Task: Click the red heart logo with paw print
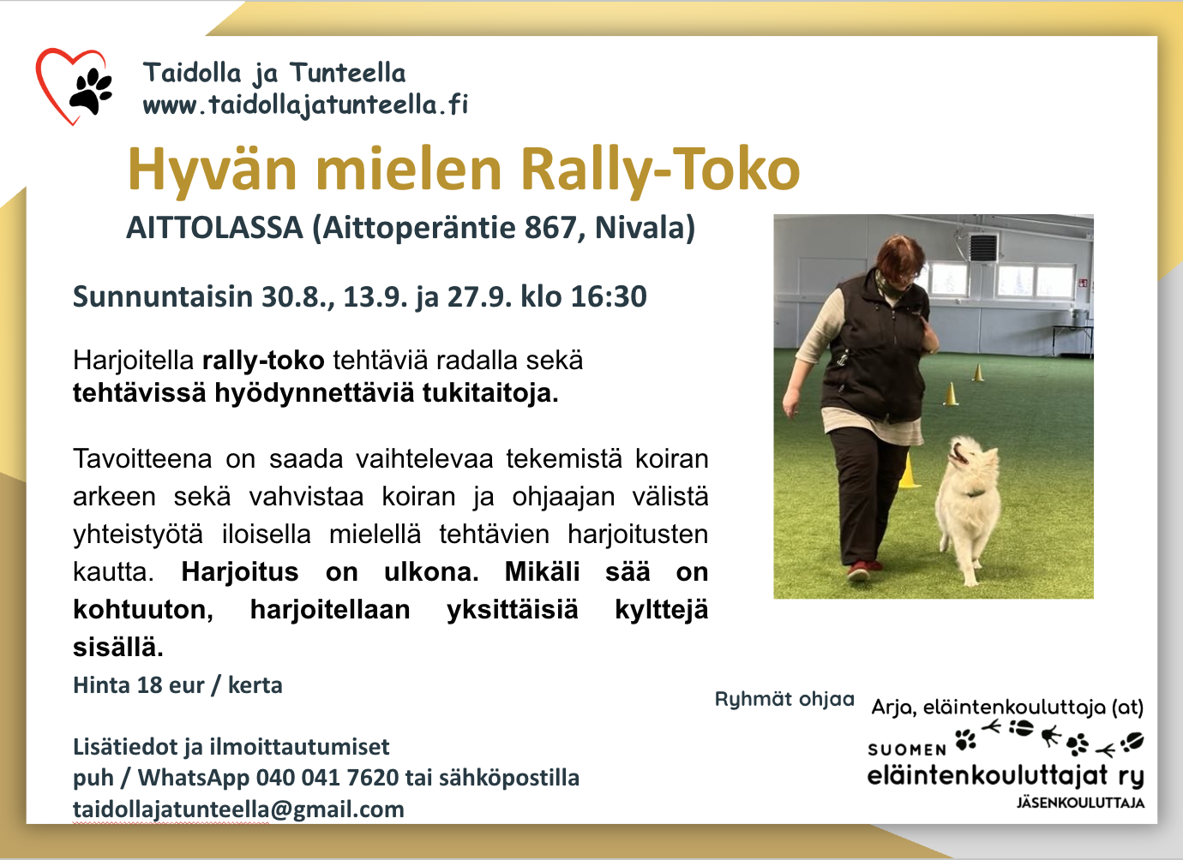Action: pyautogui.click(x=74, y=87)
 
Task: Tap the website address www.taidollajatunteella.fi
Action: pyautogui.click(x=306, y=105)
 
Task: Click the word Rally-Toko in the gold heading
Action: pyautogui.click(x=660, y=170)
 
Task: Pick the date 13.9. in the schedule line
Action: pyautogui.click(x=375, y=296)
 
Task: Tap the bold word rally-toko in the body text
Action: pyautogui.click(x=263, y=361)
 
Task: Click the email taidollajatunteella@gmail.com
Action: pyautogui.click(x=238, y=809)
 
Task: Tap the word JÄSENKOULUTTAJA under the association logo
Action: pyautogui.click(x=1080, y=803)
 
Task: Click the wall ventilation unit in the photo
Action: pyautogui.click(x=982, y=247)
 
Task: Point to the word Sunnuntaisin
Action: pyautogui.click(x=163, y=296)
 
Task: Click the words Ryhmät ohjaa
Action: pyautogui.click(x=784, y=699)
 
